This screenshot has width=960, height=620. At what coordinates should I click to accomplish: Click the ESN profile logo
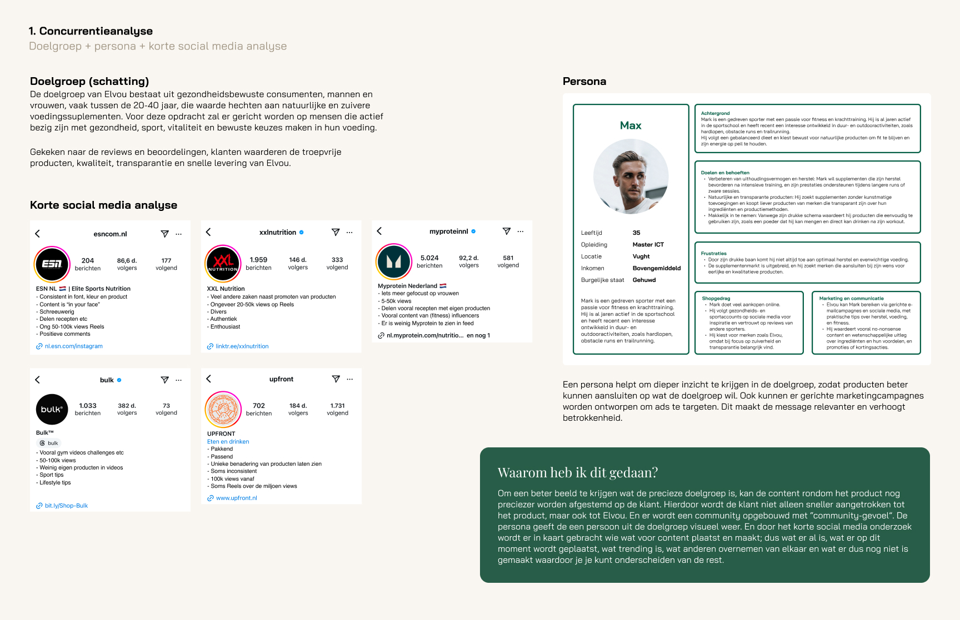tap(52, 264)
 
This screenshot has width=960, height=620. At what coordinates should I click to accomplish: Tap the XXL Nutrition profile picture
tap(223, 263)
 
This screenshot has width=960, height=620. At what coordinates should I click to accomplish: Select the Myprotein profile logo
tap(394, 261)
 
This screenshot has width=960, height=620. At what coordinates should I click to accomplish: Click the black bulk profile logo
tap(52, 410)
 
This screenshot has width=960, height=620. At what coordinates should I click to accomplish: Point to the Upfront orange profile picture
tap(223, 410)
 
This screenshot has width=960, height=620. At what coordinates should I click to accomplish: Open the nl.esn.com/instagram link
tap(73, 346)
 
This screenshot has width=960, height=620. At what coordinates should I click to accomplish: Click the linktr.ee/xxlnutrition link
tap(242, 346)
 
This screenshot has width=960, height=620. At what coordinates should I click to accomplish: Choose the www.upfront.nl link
tap(236, 498)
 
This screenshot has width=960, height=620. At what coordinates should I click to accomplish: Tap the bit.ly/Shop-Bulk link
tap(66, 506)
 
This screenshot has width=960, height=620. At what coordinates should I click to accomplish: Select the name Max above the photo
tap(631, 126)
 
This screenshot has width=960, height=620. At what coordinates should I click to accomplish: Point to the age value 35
tap(637, 233)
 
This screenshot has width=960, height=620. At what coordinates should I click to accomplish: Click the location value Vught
tap(641, 256)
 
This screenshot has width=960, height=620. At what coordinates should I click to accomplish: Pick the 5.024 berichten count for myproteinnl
tap(429, 258)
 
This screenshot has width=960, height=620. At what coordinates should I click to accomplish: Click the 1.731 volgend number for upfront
tap(338, 406)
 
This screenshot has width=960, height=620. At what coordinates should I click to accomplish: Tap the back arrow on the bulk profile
tap(38, 380)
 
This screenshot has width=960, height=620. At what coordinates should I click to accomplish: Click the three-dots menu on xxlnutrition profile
tap(349, 233)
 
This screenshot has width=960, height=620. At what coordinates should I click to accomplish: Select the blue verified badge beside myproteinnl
tap(473, 231)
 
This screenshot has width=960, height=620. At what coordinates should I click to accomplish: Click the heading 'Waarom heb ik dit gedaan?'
tap(578, 472)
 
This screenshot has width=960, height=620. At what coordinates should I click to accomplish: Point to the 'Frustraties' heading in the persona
tap(714, 254)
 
